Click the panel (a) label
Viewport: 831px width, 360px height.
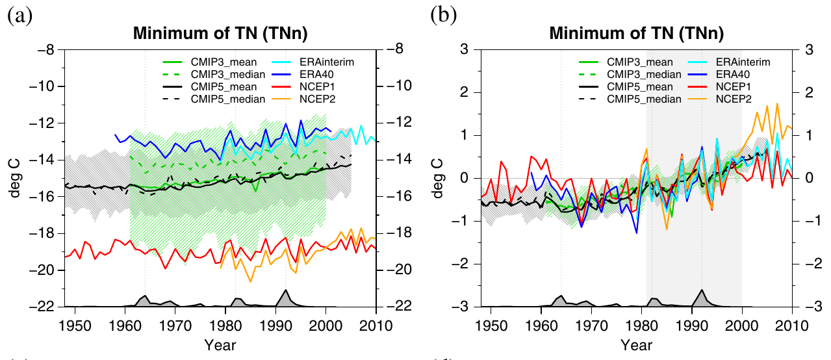[x=19, y=16]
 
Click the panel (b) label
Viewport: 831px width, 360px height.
[x=443, y=16]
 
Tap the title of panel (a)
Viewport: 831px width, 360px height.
[x=220, y=33]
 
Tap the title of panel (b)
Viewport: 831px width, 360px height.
[x=637, y=33]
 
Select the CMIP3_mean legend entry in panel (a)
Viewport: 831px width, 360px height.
[x=210, y=62]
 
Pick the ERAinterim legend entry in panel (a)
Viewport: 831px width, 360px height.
[x=313, y=62]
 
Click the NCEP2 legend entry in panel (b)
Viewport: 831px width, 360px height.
[x=719, y=99]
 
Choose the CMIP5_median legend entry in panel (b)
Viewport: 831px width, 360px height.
[x=630, y=99]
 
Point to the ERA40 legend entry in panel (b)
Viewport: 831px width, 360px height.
[x=719, y=74]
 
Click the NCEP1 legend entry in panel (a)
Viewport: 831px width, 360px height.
[x=303, y=87]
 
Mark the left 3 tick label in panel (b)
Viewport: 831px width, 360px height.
[x=464, y=49]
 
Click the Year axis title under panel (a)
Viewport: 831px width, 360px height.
[x=220, y=345]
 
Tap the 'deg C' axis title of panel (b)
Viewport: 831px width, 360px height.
[x=437, y=179]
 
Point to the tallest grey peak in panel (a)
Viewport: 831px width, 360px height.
[x=285, y=290]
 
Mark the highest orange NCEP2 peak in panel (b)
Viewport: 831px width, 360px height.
[x=777, y=104]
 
